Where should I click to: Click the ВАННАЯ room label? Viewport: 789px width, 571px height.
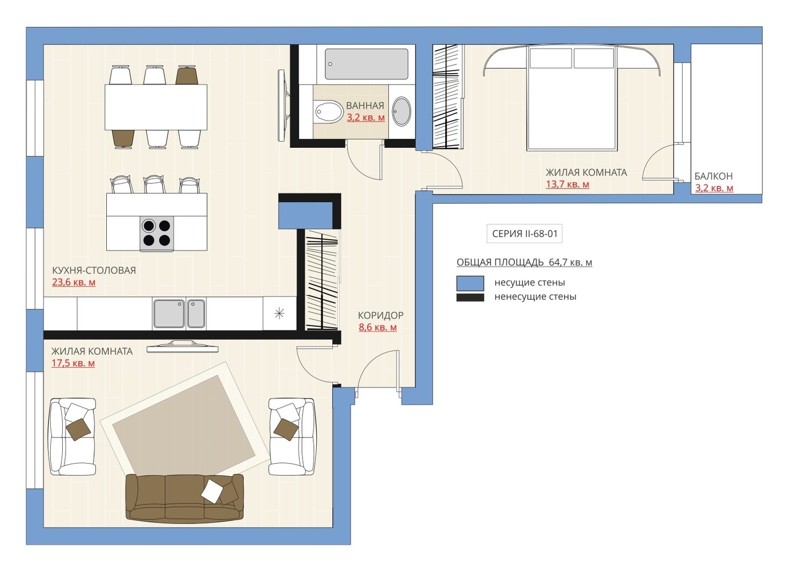click(x=365, y=105)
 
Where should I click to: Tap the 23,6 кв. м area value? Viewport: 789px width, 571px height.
click(x=74, y=282)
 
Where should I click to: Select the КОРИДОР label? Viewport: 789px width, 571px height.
click(x=380, y=315)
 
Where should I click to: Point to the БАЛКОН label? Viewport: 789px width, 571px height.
click(x=714, y=176)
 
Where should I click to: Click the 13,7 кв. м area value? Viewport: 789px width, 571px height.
click(x=567, y=184)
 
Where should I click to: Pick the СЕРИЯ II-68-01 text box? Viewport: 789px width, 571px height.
click(x=525, y=234)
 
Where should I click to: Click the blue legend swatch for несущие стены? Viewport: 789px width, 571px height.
click(x=470, y=283)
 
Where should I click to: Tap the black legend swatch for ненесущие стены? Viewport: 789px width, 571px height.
click(x=470, y=297)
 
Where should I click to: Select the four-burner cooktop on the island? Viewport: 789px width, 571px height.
click(x=157, y=233)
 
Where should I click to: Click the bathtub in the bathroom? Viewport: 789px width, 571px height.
click(x=367, y=64)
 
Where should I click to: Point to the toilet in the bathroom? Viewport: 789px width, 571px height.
click(x=328, y=112)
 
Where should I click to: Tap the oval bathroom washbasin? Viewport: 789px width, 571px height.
click(x=401, y=111)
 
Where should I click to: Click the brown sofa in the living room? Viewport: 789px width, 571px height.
click(x=184, y=498)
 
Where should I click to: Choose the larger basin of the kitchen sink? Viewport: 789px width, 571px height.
click(x=169, y=313)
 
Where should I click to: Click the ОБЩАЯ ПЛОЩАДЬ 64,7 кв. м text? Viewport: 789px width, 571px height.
click(x=524, y=263)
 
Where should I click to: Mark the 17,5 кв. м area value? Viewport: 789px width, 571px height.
click(x=73, y=363)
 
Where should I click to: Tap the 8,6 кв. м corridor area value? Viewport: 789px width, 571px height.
click(x=377, y=327)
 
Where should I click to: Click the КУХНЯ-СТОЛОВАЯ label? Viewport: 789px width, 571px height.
click(x=94, y=271)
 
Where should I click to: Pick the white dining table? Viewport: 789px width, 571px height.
click(x=156, y=107)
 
